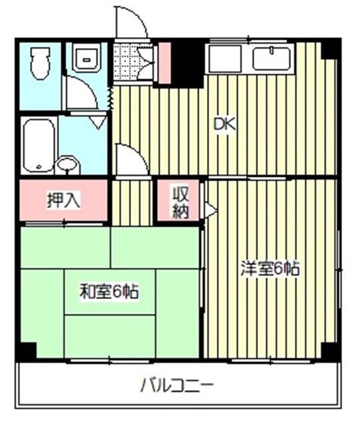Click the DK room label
[x=224, y=124]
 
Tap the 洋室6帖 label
[x=270, y=270]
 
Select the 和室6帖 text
[x=109, y=291]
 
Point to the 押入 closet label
[x=63, y=200]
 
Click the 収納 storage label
[x=181, y=202]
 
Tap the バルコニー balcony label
[x=177, y=385]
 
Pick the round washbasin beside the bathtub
[x=67, y=164]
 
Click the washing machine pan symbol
[x=86, y=59]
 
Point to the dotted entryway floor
[x=126, y=62]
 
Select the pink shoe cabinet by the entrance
[x=164, y=62]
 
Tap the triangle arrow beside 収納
[x=210, y=211]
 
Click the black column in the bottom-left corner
[x=26, y=351]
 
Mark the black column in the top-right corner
[x=330, y=49]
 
